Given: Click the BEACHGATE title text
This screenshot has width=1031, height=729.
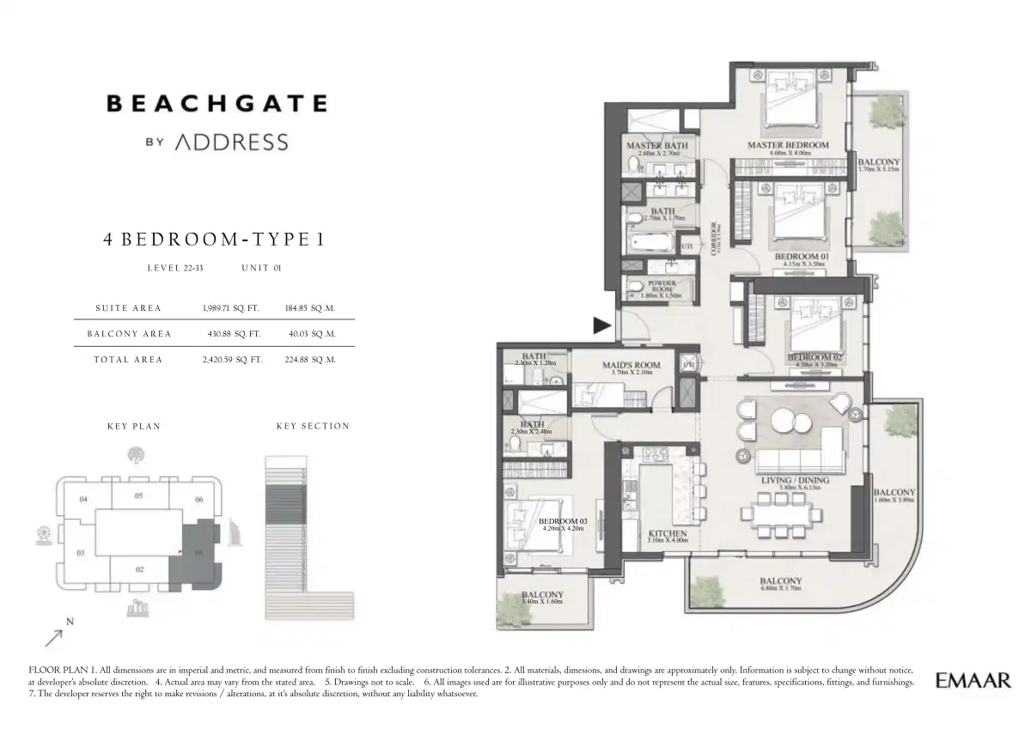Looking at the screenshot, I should pos(217,104).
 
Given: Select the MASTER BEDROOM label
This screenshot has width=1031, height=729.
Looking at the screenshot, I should pos(787,145).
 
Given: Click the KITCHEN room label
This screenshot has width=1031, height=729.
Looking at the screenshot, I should pos(667,533).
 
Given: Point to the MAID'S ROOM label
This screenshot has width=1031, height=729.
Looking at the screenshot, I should pos(631,366).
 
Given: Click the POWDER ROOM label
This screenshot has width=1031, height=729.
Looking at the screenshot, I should pos(662,287).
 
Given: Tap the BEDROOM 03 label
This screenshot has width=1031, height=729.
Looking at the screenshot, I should pos(563,521).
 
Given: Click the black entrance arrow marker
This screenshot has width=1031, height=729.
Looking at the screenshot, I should pos(602,325).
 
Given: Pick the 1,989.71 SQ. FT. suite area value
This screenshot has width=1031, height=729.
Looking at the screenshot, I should pos(231,307).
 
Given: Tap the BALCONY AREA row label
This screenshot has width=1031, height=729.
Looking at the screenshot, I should pos(129,333).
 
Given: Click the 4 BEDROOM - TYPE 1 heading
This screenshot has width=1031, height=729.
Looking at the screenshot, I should pos(214,240).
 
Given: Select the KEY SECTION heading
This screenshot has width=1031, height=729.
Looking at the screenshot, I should pos(313,426).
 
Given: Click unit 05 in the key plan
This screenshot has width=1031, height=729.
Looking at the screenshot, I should pos(138,495).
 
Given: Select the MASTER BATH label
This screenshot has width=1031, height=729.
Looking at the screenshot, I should pos(656,146).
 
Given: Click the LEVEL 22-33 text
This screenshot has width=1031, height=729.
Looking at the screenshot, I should pos(175,269).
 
